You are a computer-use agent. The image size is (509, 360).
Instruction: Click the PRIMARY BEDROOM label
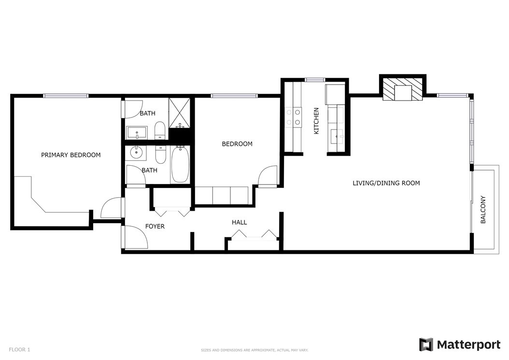click(x=71, y=155)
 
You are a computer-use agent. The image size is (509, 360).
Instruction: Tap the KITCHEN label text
click(x=316, y=121)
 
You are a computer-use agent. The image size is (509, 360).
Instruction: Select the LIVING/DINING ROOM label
click(x=386, y=183)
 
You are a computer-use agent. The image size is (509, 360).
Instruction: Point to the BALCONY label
click(x=483, y=210)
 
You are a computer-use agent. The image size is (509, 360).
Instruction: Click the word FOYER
click(x=155, y=227)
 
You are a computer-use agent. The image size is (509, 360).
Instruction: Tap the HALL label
click(x=239, y=223)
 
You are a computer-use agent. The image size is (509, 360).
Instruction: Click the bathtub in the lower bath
click(x=180, y=164)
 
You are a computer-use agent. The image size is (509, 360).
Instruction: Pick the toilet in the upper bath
click(x=160, y=130)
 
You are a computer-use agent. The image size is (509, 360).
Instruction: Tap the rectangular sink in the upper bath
click(x=137, y=133)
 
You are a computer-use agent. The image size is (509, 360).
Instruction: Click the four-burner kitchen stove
click(x=293, y=117)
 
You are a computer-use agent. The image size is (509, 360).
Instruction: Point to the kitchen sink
click(x=336, y=136)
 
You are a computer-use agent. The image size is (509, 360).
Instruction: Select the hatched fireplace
click(x=403, y=89)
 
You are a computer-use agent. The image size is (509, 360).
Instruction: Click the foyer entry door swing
click(x=136, y=238)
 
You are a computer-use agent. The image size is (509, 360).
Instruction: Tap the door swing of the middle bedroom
click(x=268, y=176)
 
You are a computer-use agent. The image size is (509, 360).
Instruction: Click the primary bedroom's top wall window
click(x=66, y=96)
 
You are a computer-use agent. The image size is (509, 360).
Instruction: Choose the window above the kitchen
click(x=315, y=80)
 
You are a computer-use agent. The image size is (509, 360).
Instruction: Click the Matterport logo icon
click(x=426, y=345)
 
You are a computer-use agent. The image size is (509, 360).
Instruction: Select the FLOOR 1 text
click(x=19, y=349)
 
